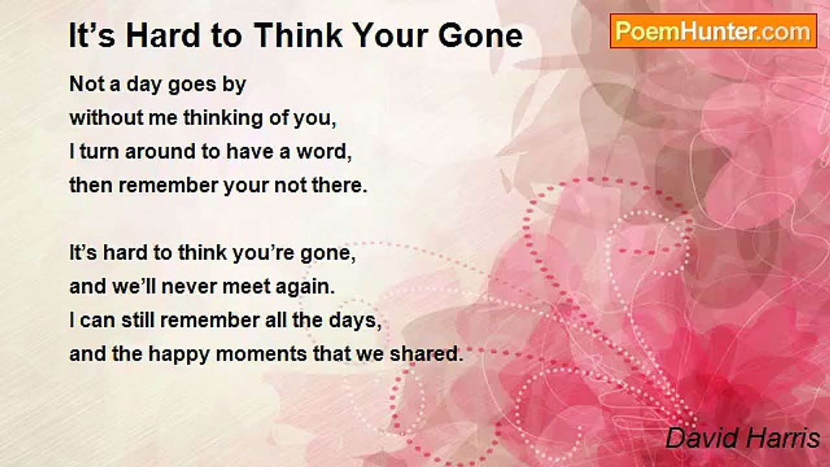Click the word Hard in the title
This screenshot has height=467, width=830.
[163, 35]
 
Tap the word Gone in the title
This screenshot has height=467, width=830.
[480, 36]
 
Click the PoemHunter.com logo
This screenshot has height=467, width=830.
[713, 31]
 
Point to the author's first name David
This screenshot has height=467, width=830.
[702, 438]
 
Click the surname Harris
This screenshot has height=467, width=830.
[781, 438]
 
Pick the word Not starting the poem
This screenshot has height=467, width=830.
[87, 84]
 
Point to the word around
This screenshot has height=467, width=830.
[160, 152]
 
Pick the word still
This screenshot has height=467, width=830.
[138, 320]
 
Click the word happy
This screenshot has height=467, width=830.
[180, 355]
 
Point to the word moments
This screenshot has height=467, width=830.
[261, 354]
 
